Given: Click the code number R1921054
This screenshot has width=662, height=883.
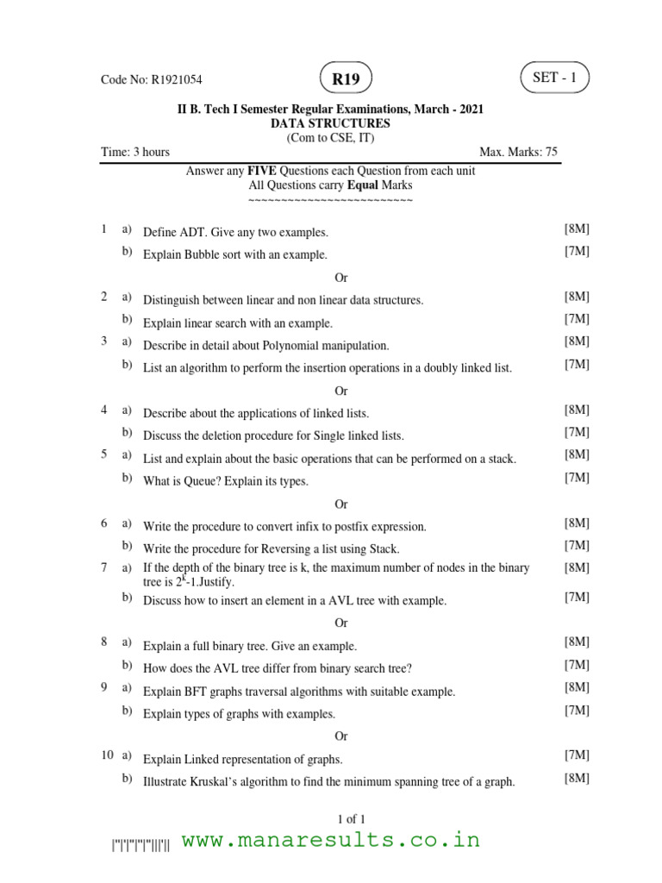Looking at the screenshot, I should click(177, 80).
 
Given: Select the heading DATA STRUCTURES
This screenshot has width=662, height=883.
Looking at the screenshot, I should click(330, 123).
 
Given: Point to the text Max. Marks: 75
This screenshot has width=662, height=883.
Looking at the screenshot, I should click(518, 153).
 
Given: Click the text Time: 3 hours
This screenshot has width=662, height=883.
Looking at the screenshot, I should click(135, 153).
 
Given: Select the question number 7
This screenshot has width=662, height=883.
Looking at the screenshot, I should click(103, 567).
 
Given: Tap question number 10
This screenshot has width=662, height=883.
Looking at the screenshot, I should click(107, 755).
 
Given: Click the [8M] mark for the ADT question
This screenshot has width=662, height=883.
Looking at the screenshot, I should click(577, 229).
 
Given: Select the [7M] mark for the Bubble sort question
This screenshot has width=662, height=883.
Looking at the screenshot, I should click(577, 251).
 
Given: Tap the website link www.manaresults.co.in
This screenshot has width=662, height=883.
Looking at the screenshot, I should click(331, 840).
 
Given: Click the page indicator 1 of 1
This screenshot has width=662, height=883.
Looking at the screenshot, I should click(340, 818).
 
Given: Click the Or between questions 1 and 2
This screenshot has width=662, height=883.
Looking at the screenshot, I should click(340, 278).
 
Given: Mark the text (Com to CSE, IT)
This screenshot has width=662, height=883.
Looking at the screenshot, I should click(330, 138).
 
